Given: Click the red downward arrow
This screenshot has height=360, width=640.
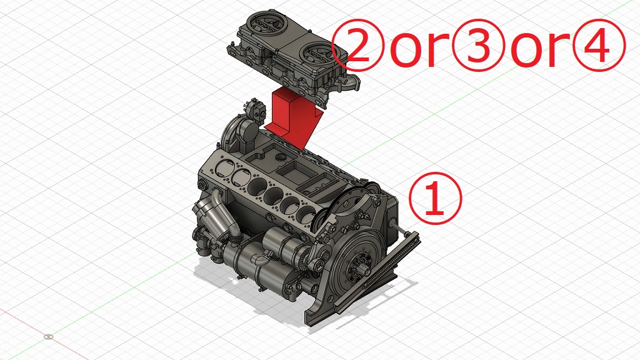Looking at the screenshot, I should coord(291,115).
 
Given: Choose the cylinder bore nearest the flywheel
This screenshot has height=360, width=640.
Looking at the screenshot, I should coord(307,214).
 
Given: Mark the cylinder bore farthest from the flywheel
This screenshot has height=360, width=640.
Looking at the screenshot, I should coord(224,168).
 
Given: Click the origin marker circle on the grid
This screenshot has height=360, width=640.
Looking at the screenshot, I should coord(49,337).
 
